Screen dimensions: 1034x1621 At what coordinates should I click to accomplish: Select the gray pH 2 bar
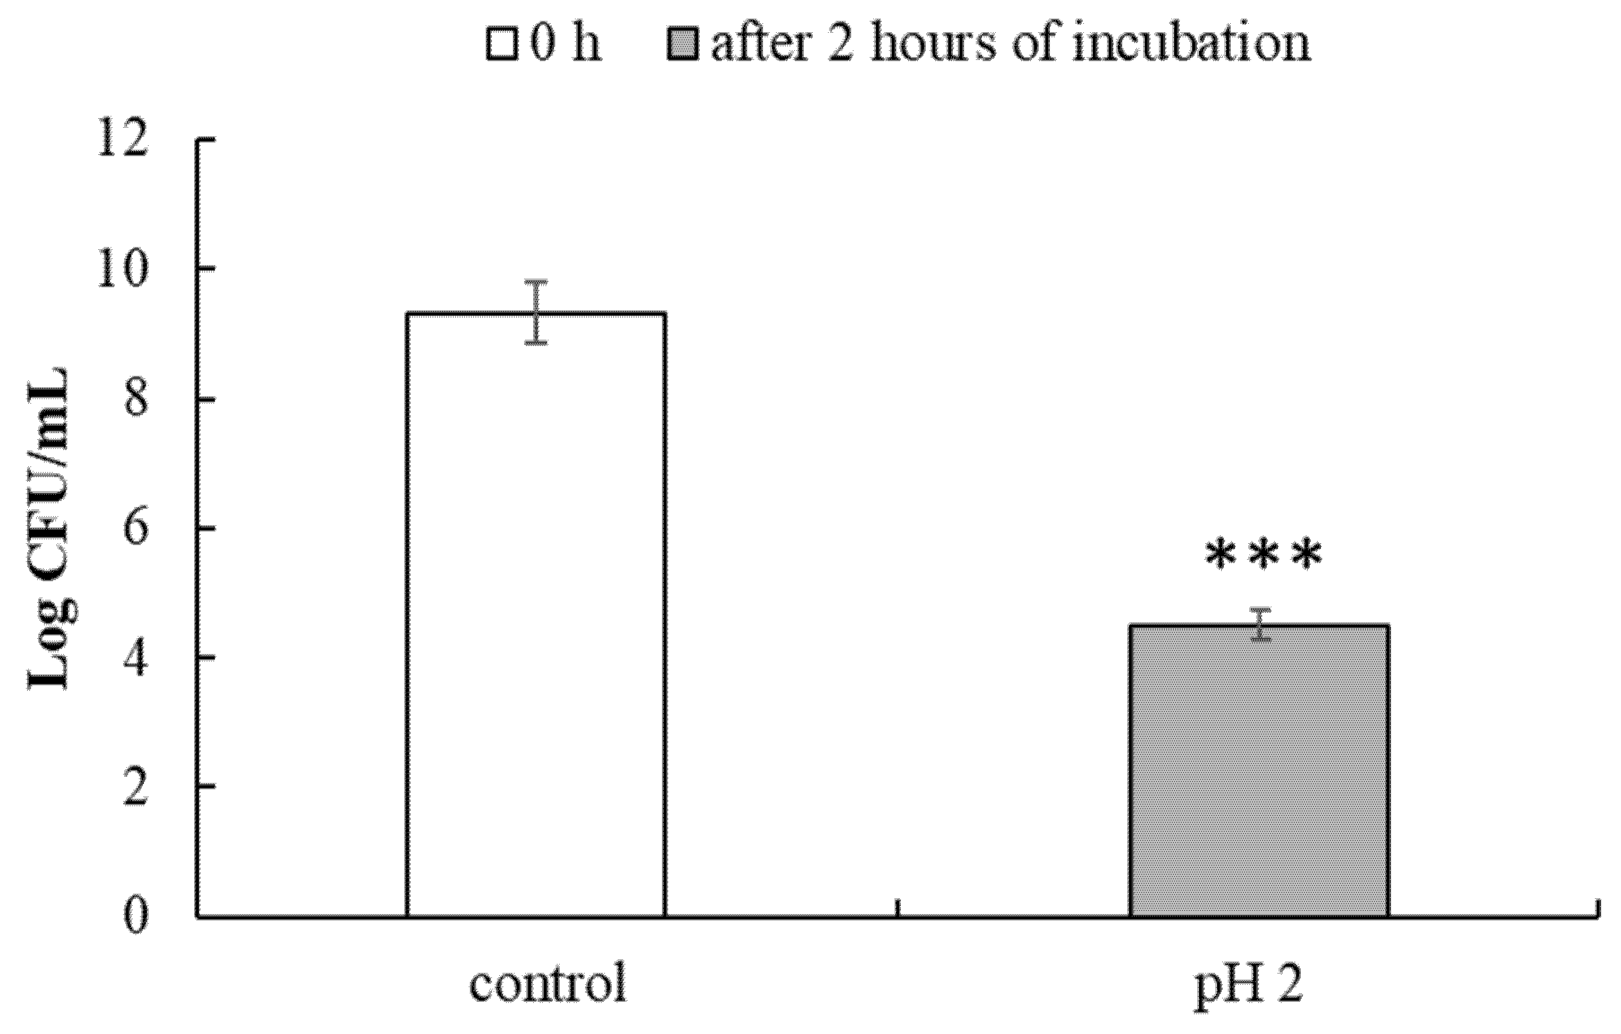pyautogui.click(x=1259, y=771)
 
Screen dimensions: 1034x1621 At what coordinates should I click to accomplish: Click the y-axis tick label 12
pyautogui.click(x=122, y=140)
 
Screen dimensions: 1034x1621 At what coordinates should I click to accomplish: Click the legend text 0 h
pyautogui.click(x=565, y=45)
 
